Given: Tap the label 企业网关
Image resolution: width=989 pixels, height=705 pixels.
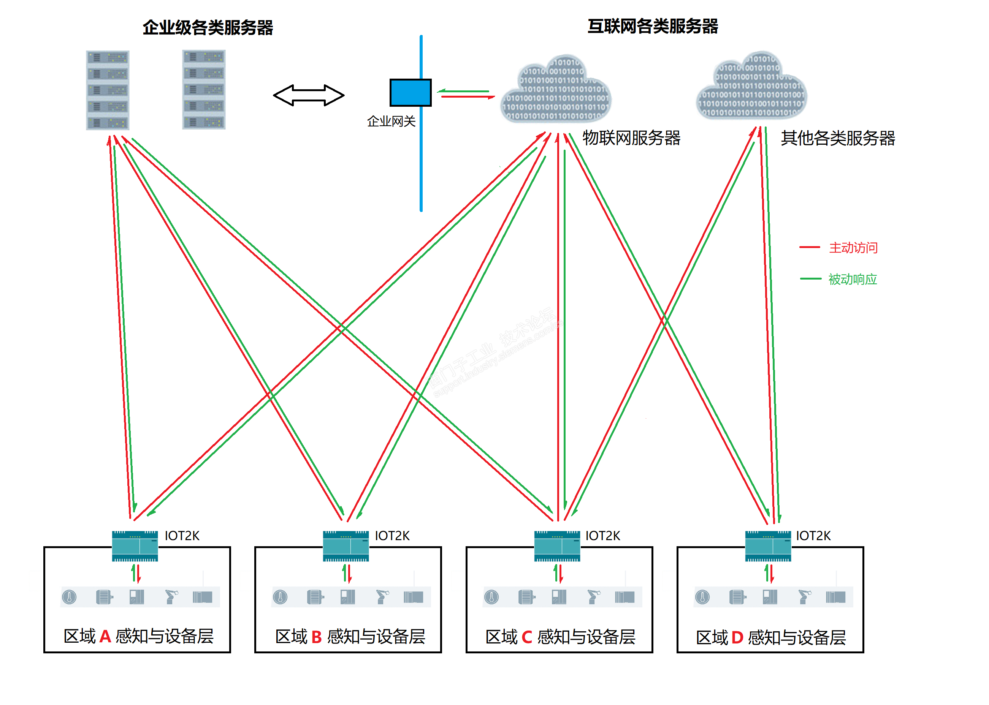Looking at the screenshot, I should point(391,121).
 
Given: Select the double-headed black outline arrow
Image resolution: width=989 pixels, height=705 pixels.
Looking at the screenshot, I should point(308,95).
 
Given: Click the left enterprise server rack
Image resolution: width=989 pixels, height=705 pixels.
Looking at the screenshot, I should point(108,90).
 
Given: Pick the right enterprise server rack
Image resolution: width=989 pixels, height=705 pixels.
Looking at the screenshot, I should point(204,89).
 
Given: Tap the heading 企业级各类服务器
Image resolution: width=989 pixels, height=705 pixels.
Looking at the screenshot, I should point(208,28).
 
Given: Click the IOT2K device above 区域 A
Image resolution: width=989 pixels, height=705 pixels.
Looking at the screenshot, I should point(135,546).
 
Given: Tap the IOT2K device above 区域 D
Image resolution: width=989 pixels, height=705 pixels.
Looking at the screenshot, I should point(767,546).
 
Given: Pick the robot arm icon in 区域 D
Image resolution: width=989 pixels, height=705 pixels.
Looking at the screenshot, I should point(804,597).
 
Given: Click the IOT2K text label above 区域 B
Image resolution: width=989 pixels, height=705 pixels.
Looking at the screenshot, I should point(392,536).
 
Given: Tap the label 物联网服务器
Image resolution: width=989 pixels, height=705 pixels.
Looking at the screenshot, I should point(631,138).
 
